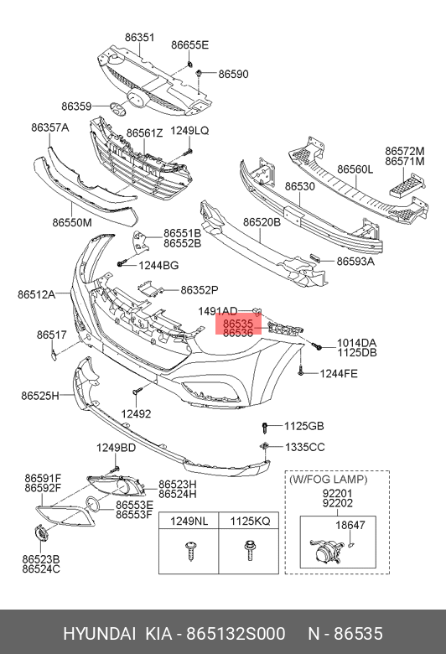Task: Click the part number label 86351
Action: tap(139, 38)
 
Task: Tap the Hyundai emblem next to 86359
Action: tap(118, 107)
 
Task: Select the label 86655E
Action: tap(189, 45)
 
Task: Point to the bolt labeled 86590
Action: tap(200, 74)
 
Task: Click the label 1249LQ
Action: tap(189, 131)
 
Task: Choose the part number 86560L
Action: tap(355, 169)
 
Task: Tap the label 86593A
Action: tap(355, 262)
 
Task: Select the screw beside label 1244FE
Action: tap(300, 371)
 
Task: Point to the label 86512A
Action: tap(36, 294)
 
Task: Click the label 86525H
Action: tap(40, 396)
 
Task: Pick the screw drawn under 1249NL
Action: tap(191, 551)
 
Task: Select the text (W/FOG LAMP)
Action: tap(329, 480)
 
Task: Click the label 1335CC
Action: tap(305, 447)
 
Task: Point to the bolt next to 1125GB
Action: tap(265, 427)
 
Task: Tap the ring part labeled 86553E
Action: tap(92, 504)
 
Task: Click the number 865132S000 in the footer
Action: tap(236, 634)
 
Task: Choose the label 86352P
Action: tap(200, 290)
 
